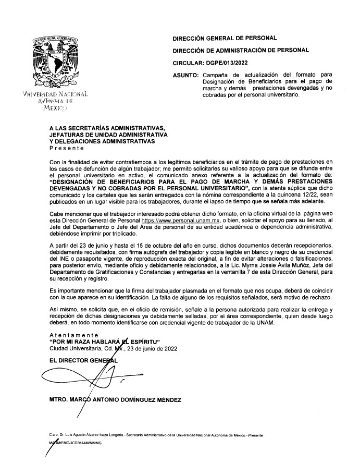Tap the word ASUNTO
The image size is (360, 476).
pos(185,75)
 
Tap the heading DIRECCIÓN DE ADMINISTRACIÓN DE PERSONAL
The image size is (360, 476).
pos(241,50)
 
